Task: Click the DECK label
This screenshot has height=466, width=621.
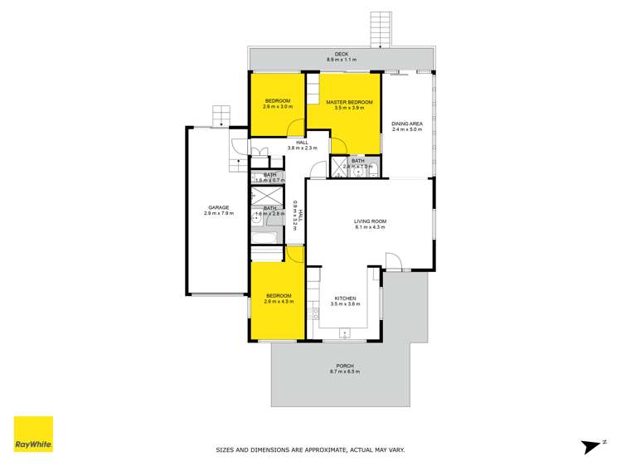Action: [341, 55]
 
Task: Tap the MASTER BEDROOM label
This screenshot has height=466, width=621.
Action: [348, 102]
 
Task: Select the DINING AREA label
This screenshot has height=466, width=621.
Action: [407, 124]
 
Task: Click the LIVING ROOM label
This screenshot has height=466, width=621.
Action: [371, 221]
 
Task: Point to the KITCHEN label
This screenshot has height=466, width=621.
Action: [344, 299]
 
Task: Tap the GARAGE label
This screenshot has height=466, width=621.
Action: [219, 207]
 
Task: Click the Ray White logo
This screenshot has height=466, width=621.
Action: [33, 434]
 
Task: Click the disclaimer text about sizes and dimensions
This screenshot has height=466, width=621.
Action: [310, 450]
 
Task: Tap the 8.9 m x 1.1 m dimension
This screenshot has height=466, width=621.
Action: [341, 61]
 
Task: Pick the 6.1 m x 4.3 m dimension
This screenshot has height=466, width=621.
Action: [371, 226]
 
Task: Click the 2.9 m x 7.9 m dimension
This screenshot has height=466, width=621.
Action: [219, 213]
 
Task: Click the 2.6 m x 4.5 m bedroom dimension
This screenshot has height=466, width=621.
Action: [279, 302]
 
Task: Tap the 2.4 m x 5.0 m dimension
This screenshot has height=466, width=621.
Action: [407, 129]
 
